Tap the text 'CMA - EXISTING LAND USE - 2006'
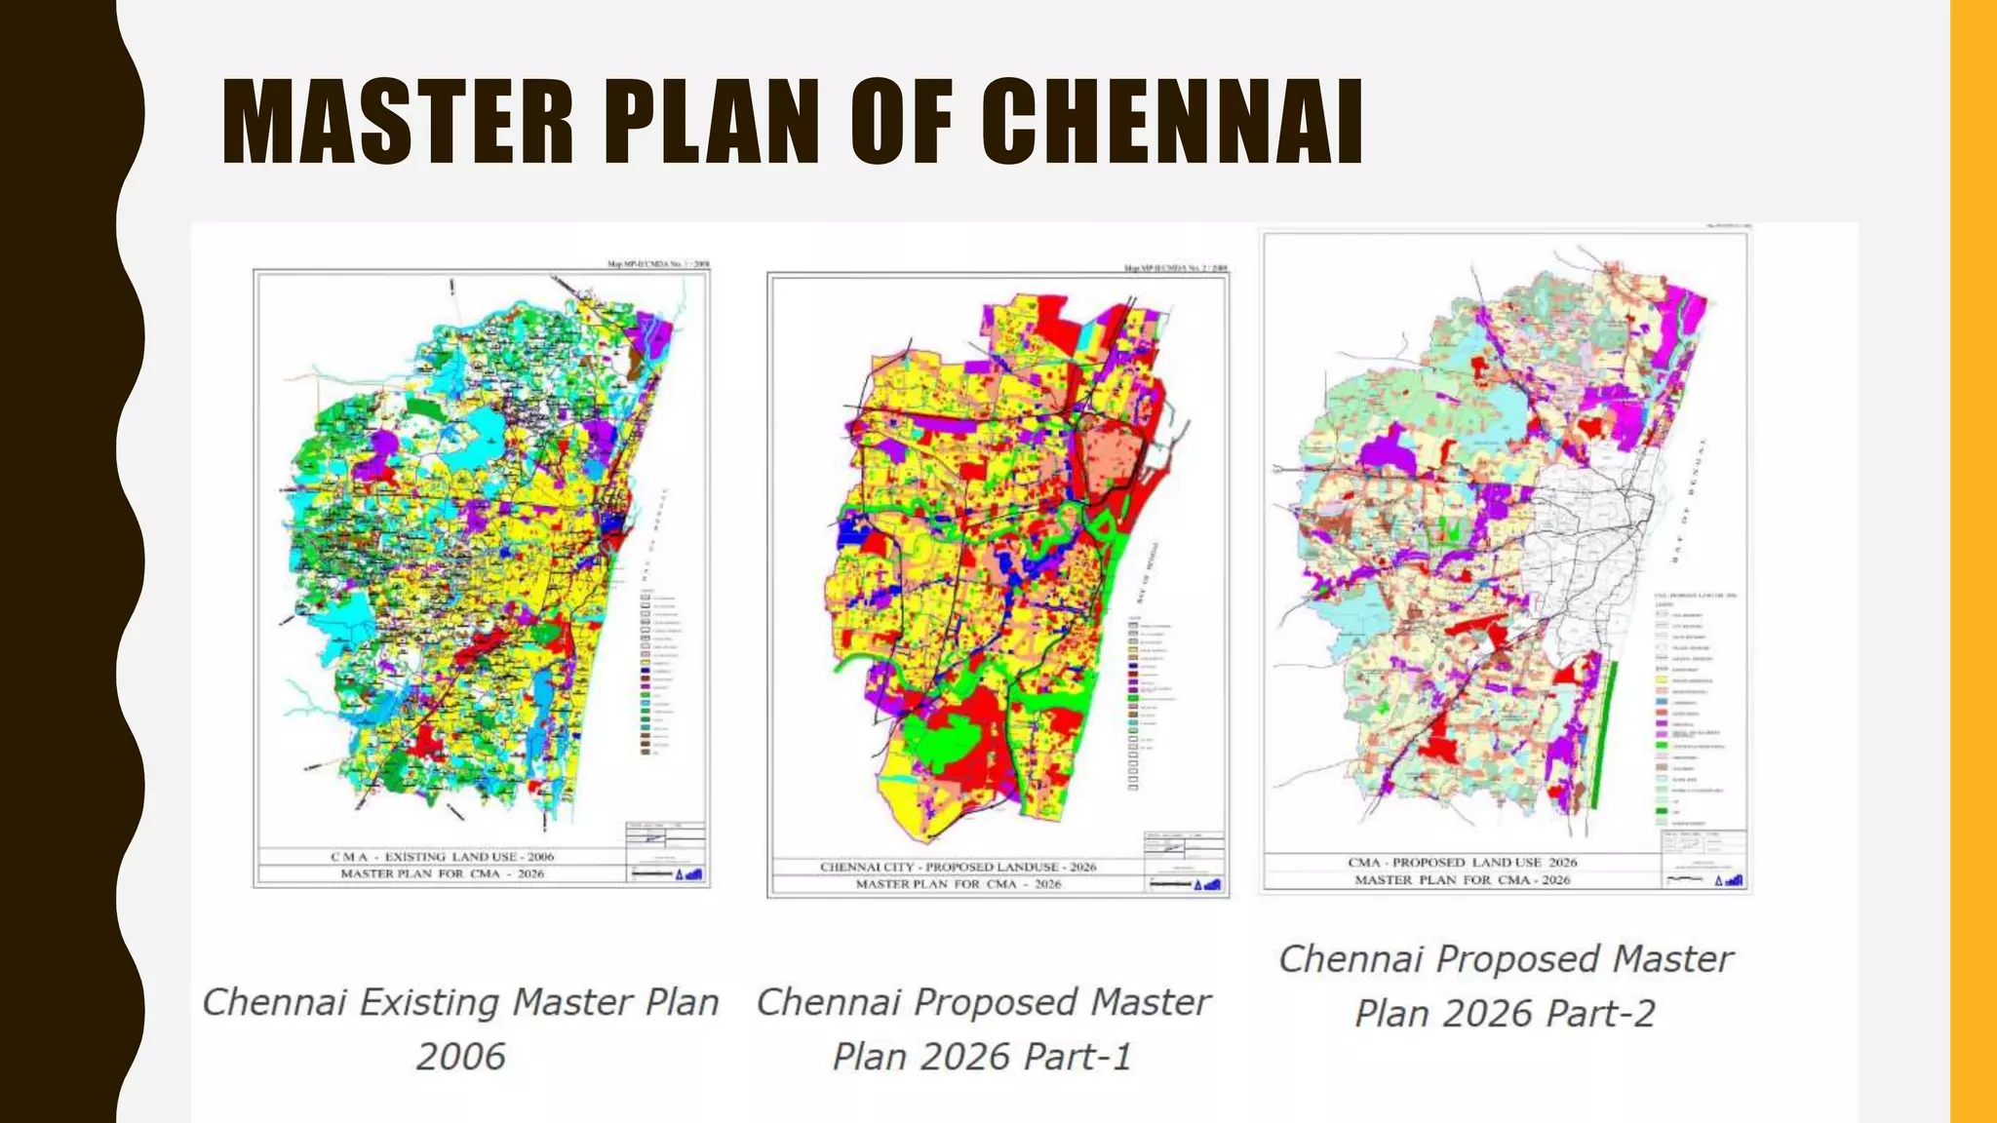pyautogui.click(x=442, y=857)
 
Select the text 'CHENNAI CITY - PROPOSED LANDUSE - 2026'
pyautogui.click(x=958, y=867)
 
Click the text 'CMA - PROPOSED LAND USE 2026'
pyautogui.click(x=1462, y=863)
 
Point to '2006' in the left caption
pyautogui.click(x=460, y=1057)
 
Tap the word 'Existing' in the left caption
pyautogui.click(x=431, y=1003)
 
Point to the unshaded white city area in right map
pyautogui.click(x=1580, y=546)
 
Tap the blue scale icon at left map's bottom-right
pyautogui.click(x=693, y=873)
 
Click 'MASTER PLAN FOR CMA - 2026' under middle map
pyautogui.click(x=958, y=884)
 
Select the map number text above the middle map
pyautogui.click(x=1176, y=268)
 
